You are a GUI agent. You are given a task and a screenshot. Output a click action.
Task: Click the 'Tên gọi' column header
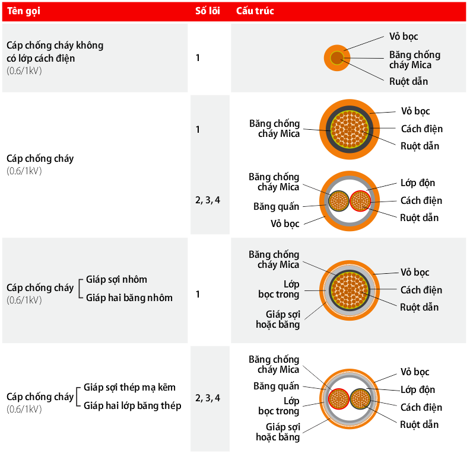click(x=23, y=11)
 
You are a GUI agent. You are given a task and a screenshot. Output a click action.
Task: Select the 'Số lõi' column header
click(x=208, y=11)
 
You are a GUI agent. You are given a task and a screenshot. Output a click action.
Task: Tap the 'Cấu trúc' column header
click(x=255, y=11)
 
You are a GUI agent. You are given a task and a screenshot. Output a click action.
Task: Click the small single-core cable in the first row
click(x=337, y=58)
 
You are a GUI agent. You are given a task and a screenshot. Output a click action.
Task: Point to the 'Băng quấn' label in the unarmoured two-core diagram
click(x=276, y=206)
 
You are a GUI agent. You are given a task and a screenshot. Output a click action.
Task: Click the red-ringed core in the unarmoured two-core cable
click(x=360, y=201)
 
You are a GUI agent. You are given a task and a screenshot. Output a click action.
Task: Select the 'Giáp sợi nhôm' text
click(x=116, y=280)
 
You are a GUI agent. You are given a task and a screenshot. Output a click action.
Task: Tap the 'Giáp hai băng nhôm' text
click(x=129, y=298)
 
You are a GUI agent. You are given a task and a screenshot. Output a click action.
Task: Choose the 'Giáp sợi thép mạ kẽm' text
click(x=129, y=387)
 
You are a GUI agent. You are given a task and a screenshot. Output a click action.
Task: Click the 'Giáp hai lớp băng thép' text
click(x=132, y=405)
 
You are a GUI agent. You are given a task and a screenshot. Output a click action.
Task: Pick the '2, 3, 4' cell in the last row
click(x=208, y=398)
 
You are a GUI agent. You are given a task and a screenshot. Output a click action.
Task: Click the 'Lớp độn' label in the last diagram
click(x=418, y=389)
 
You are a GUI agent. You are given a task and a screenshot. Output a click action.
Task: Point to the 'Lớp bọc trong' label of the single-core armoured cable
click(x=278, y=289)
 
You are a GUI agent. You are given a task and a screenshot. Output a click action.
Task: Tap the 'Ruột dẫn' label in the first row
click(x=408, y=81)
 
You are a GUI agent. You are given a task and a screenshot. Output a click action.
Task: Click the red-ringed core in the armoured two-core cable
click(x=339, y=399)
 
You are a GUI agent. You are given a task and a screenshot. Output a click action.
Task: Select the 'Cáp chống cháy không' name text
click(x=55, y=46)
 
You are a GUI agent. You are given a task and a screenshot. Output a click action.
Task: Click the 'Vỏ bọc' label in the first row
click(x=404, y=37)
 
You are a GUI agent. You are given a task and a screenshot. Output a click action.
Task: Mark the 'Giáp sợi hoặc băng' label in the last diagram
click(x=278, y=432)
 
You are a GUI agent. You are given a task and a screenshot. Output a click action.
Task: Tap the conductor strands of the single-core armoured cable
click(x=350, y=290)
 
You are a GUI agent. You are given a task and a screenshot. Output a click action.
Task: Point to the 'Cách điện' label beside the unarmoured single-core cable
click(x=422, y=129)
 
